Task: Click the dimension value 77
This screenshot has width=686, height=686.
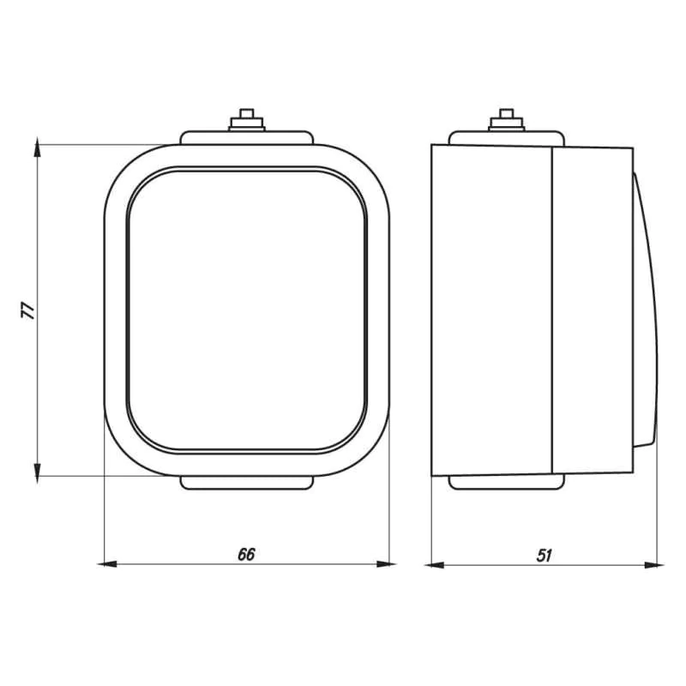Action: point(29,310)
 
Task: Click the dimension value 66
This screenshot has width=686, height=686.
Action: point(246,554)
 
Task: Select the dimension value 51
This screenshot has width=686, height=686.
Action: point(544,555)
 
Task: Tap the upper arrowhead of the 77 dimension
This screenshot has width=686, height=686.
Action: point(38,147)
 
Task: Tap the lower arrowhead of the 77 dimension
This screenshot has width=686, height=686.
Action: point(38,473)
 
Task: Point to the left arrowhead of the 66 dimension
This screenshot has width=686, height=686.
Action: point(108,564)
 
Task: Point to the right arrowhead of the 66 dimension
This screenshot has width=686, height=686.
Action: point(386,564)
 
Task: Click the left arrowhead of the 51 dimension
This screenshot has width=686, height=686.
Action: point(435,565)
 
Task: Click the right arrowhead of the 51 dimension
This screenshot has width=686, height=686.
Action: point(654,565)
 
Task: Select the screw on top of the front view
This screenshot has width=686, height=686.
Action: point(247,120)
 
